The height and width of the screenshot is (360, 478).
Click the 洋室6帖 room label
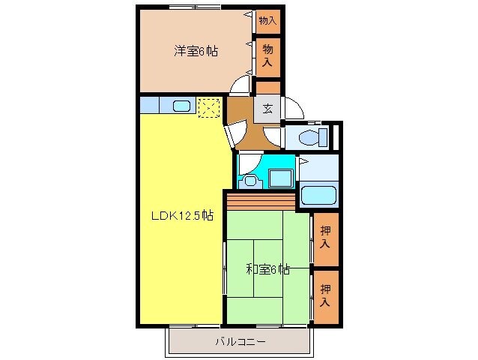[196, 52]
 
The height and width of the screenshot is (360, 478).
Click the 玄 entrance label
[267, 109]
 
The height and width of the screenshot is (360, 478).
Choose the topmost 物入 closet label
[267, 20]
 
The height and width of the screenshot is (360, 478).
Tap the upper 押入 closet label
[325, 238]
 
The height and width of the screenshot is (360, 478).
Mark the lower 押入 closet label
[325, 295]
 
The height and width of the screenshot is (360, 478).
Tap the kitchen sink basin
[182, 106]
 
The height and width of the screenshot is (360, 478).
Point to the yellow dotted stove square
[209, 106]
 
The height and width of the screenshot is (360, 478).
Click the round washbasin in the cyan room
[250, 180]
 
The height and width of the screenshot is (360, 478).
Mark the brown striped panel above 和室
[261, 202]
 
